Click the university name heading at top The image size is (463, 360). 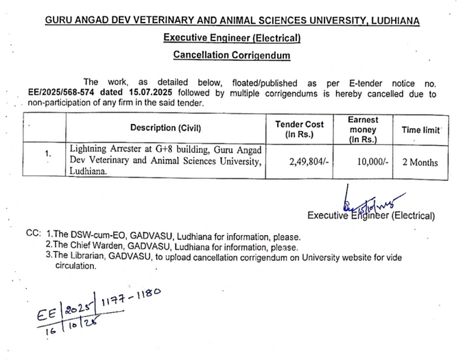(232, 21)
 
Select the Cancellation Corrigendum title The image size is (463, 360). (231, 55)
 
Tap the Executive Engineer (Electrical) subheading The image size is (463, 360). (231, 38)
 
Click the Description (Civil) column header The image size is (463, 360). (166, 128)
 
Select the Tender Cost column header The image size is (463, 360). (299, 128)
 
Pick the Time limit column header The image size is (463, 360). (420, 129)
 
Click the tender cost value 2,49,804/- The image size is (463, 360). (311, 163)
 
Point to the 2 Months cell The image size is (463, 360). (420, 163)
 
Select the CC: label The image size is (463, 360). (34, 234)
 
